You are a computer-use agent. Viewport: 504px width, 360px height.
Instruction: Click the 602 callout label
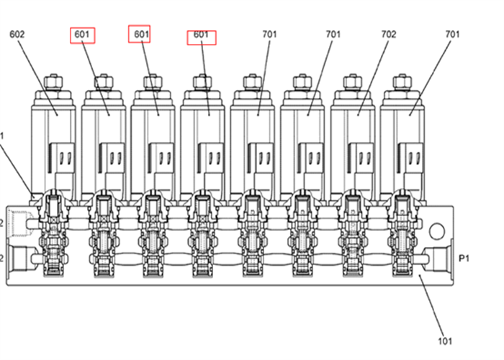tap(17, 34)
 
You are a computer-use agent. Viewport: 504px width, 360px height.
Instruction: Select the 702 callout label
tap(388, 34)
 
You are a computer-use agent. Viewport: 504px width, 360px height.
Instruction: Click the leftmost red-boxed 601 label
tap(83, 34)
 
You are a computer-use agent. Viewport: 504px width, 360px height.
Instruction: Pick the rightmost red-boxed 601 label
tap(202, 36)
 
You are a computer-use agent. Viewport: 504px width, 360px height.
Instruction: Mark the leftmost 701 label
tap(271, 34)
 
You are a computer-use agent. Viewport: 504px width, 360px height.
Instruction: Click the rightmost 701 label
tap(452, 34)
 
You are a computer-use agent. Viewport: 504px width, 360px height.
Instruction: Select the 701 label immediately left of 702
tap(332, 34)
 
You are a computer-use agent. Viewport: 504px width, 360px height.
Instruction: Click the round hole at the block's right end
tap(436, 231)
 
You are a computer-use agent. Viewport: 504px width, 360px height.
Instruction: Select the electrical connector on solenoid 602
tap(62, 158)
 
